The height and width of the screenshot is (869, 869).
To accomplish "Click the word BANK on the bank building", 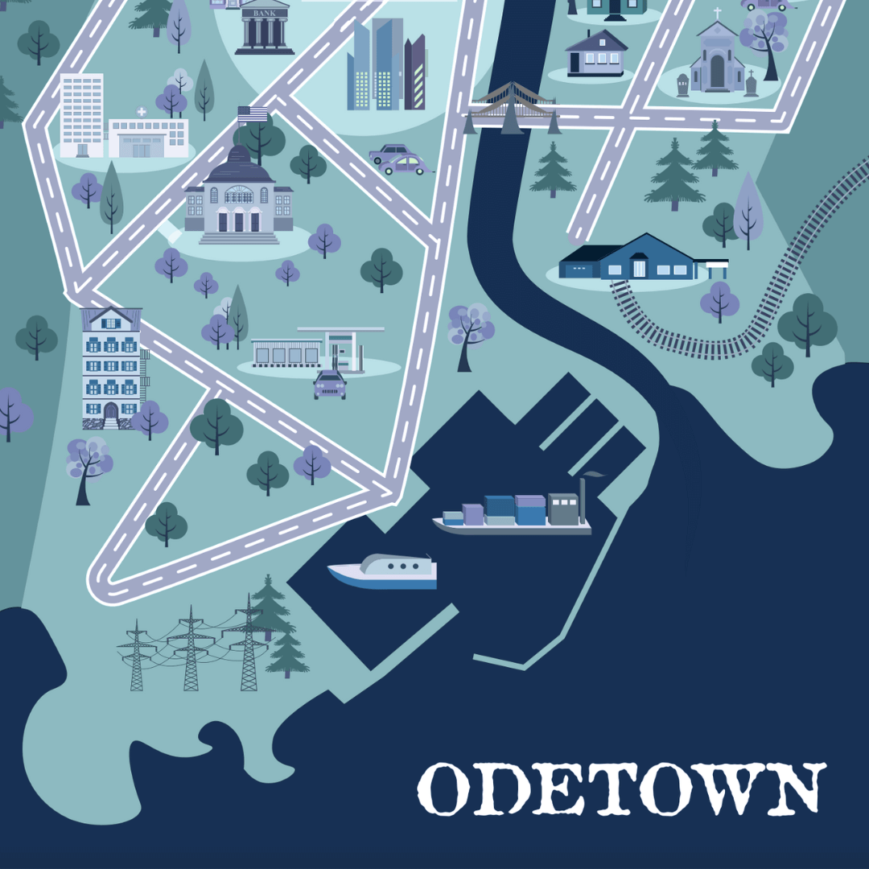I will tap(265, 13).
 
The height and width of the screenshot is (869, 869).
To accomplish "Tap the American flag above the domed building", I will tap(253, 114).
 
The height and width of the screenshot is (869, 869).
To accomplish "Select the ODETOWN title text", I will tap(622, 789).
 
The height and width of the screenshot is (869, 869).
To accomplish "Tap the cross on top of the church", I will tap(717, 14).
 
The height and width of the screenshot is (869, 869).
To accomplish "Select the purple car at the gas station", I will tap(329, 385).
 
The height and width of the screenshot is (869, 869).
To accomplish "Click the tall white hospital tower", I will tap(81, 114).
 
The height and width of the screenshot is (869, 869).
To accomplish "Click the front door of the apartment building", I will tap(110, 412).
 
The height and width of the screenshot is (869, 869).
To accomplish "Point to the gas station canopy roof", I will tap(341, 329).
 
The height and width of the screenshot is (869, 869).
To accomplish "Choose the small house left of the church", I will tap(597, 53).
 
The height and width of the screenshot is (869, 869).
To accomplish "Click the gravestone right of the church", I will tap(751, 84).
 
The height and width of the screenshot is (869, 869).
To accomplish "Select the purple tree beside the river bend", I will tap(470, 326).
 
